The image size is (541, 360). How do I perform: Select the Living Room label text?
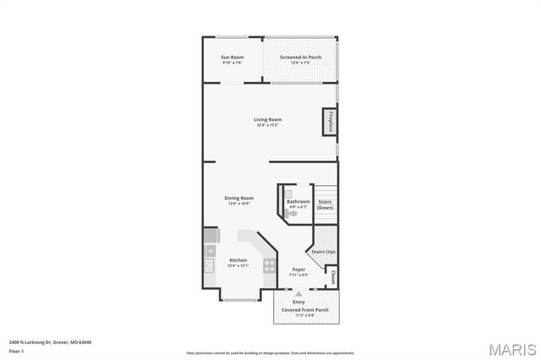pos(267,121)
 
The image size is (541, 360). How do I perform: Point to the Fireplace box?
pos(331,122)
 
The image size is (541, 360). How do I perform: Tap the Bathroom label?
pos(298,202)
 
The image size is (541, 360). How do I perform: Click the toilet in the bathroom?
pos(292,215)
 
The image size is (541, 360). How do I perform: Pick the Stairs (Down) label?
pos(325,205)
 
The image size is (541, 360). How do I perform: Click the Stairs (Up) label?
pos(324,251)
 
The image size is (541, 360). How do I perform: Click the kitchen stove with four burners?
pos(269,265)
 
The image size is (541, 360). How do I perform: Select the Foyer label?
pos(298,270)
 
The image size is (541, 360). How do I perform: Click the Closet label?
pos(333,277)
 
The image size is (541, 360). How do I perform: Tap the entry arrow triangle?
pos(298,293)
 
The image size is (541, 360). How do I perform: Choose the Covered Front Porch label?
pos(305,309)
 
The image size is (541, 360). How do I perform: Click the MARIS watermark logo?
pos(511,347)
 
